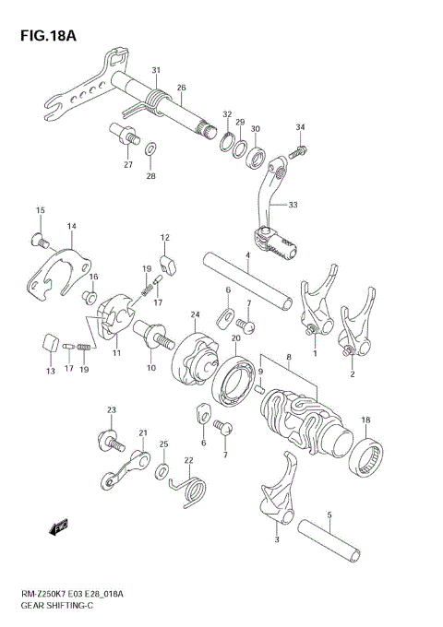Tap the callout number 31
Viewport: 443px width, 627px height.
(x=156, y=70)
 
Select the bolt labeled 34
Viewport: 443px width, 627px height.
(x=299, y=147)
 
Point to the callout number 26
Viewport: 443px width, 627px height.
(x=182, y=89)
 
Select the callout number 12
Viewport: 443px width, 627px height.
(x=165, y=238)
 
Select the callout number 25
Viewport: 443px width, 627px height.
(x=163, y=445)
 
